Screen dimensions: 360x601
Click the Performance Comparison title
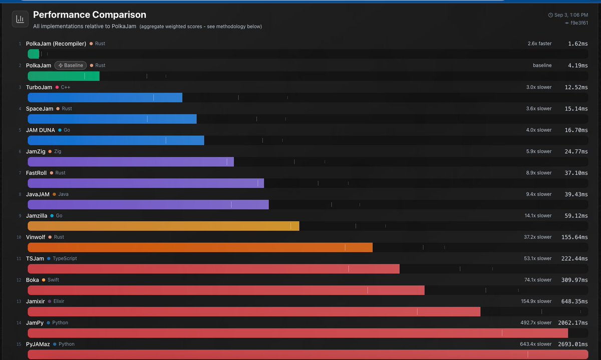pos(90,15)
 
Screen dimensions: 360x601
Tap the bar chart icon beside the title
pos(20,19)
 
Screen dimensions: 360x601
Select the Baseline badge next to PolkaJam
pos(71,66)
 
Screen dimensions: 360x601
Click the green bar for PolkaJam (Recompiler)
pos(34,54)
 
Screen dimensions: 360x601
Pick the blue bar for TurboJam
pos(105,97)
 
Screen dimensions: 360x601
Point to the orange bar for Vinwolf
pos(200,247)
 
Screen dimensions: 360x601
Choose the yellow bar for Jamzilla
pos(163,226)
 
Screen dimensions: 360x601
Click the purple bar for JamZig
pos(130,162)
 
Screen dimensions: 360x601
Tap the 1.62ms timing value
pos(578,44)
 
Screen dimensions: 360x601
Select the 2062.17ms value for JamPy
pos(574,323)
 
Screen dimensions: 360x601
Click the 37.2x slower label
pos(537,237)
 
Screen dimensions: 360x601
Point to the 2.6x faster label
pos(539,44)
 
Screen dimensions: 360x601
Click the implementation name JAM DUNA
pos(41,130)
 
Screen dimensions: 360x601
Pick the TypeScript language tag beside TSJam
pos(65,259)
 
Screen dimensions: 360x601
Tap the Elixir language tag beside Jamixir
pos(59,301)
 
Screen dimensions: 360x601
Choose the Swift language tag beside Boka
pos(53,280)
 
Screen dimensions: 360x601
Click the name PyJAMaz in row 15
pos(38,344)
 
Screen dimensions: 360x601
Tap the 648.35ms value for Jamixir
pos(576,301)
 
